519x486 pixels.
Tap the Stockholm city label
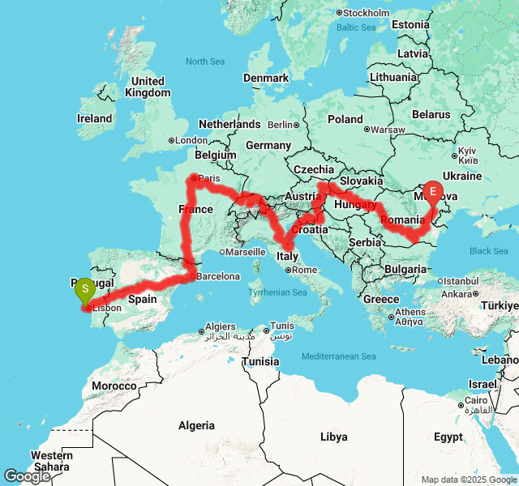[x=366, y=13]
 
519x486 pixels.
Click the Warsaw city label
[x=388, y=130]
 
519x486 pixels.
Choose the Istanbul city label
[x=464, y=280]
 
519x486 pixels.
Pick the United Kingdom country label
[x=148, y=87]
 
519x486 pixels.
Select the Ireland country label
[x=94, y=118]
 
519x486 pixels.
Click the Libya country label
[x=333, y=437]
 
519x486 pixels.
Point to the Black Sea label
[x=488, y=251]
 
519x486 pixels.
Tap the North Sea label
[x=205, y=62]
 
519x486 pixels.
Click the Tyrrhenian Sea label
[x=280, y=292]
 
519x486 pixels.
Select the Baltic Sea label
[x=357, y=28]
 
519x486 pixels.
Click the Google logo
[x=27, y=476]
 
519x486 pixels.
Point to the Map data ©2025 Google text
[x=469, y=480]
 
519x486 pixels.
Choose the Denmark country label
[x=266, y=78]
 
